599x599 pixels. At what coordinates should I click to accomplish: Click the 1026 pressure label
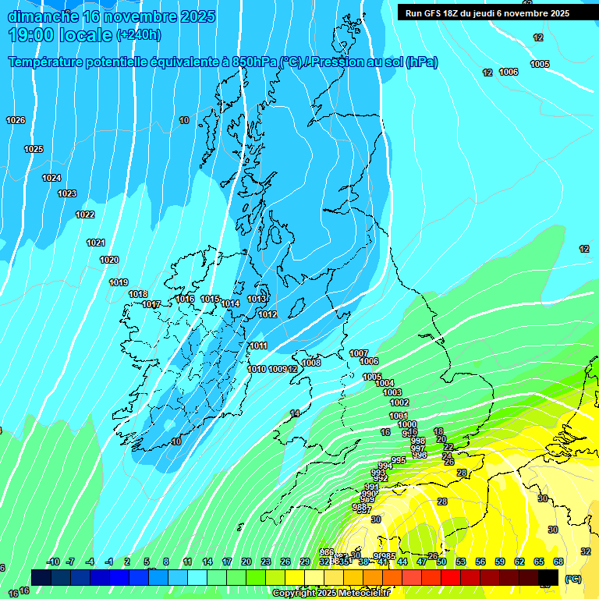(x=16, y=120)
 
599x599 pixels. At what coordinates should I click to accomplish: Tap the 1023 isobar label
(x=67, y=193)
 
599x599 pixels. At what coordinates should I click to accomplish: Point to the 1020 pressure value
(x=109, y=260)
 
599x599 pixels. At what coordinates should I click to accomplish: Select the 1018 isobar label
(x=138, y=294)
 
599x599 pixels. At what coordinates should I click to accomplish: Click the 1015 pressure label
(x=210, y=299)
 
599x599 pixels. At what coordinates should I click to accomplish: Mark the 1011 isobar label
(x=259, y=346)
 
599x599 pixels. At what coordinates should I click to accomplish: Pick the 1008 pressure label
(x=311, y=363)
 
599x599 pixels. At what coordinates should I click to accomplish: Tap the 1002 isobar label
(x=399, y=402)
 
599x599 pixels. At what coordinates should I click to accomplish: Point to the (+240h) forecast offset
(x=139, y=35)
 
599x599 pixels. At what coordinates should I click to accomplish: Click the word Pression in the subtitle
(x=340, y=62)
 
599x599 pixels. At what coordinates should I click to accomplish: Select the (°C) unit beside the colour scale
(x=572, y=579)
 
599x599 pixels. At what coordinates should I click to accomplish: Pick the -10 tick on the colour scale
(x=53, y=562)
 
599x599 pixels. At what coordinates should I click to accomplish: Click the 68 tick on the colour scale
(x=558, y=562)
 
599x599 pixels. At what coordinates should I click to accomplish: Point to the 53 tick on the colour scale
(x=461, y=562)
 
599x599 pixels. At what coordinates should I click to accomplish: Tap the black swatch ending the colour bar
(x=548, y=577)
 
